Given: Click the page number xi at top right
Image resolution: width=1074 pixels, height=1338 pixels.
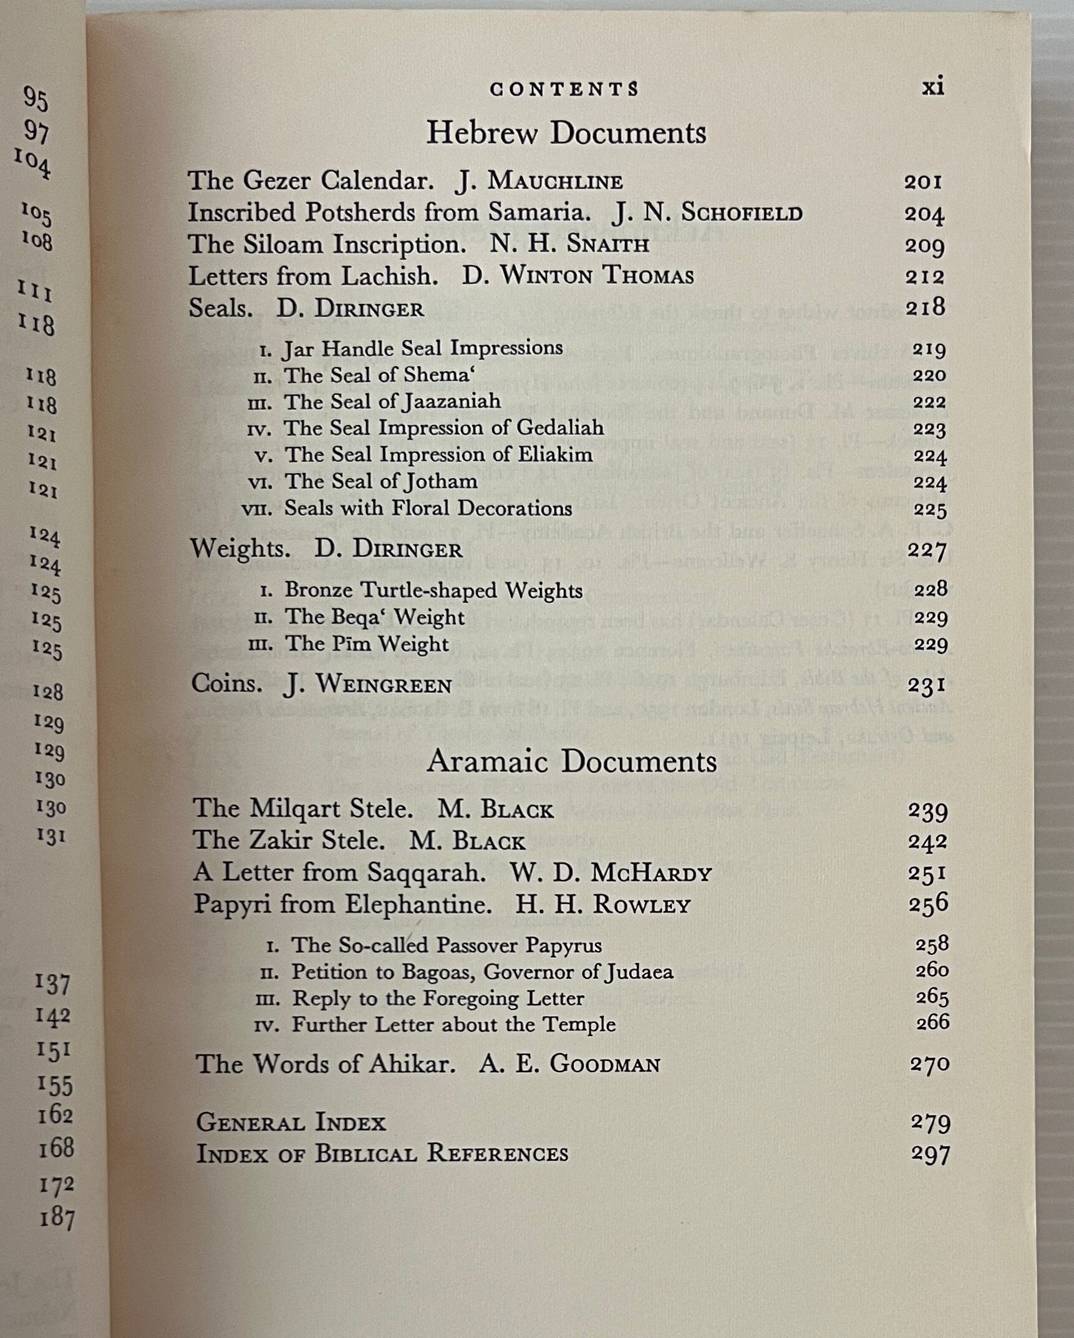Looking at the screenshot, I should point(933,87).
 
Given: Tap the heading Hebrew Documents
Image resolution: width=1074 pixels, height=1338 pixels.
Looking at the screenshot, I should point(566,133).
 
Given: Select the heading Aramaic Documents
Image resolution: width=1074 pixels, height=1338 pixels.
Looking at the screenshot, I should point(572,761).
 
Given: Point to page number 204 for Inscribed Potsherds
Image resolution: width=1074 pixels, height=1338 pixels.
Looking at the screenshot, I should point(924,214).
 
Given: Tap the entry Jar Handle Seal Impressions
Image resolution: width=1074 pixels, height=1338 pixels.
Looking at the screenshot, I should point(423,348).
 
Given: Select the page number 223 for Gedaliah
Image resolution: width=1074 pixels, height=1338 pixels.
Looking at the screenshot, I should point(929,429).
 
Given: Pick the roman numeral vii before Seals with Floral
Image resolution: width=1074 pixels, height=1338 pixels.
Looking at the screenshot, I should point(257,509).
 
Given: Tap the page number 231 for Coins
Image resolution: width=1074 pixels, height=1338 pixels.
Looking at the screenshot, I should point(926,685).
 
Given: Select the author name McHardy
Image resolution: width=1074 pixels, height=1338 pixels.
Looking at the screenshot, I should point(651,872).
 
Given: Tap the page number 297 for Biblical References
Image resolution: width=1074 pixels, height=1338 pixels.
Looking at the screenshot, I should point(931,1155).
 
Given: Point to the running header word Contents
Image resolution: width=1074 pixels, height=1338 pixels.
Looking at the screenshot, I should point(564,89).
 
